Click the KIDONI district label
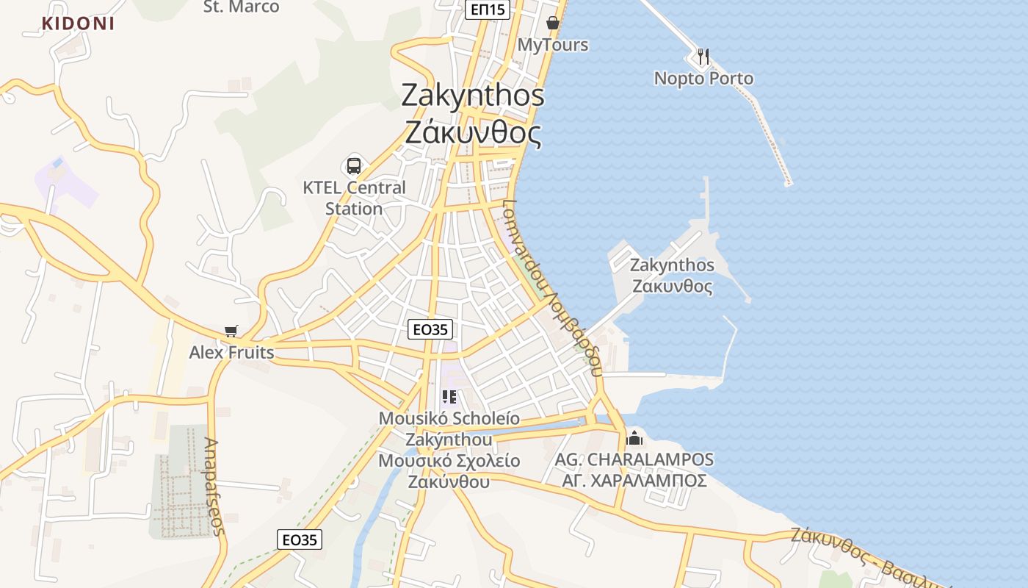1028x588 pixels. click(x=78, y=23)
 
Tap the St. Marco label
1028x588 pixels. click(x=241, y=7)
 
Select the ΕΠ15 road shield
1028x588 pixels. click(x=488, y=9)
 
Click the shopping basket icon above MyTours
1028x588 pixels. click(x=553, y=24)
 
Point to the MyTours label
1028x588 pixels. click(x=553, y=45)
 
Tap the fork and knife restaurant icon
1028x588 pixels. click(x=703, y=56)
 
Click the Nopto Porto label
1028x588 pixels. click(x=703, y=78)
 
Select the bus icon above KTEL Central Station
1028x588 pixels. click(x=354, y=165)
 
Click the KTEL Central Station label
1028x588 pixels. click(x=354, y=198)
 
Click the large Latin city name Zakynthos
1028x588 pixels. click(x=473, y=96)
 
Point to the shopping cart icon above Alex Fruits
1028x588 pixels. click(x=231, y=331)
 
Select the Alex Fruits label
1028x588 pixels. click(x=231, y=353)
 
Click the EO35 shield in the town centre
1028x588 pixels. click(x=430, y=329)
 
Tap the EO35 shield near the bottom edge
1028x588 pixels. click(x=300, y=539)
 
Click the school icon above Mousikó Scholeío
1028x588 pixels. click(x=449, y=398)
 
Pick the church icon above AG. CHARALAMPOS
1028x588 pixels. click(x=634, y=439)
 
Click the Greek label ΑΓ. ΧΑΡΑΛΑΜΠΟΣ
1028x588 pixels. click(x=634, y=481)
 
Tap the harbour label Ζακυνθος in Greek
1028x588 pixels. click(x=672, y=285)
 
